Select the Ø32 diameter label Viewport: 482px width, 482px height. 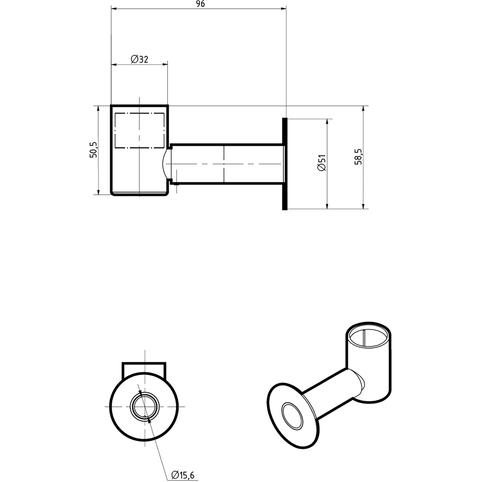139,59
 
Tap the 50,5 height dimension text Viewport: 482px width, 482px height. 94,150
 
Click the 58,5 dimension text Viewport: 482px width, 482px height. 358,157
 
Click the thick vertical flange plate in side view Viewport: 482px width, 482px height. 285,164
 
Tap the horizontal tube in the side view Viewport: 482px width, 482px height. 227,163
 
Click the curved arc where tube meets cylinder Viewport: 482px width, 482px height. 165,163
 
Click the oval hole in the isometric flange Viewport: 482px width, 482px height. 292,415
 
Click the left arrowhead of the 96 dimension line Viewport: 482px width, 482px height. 114,8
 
